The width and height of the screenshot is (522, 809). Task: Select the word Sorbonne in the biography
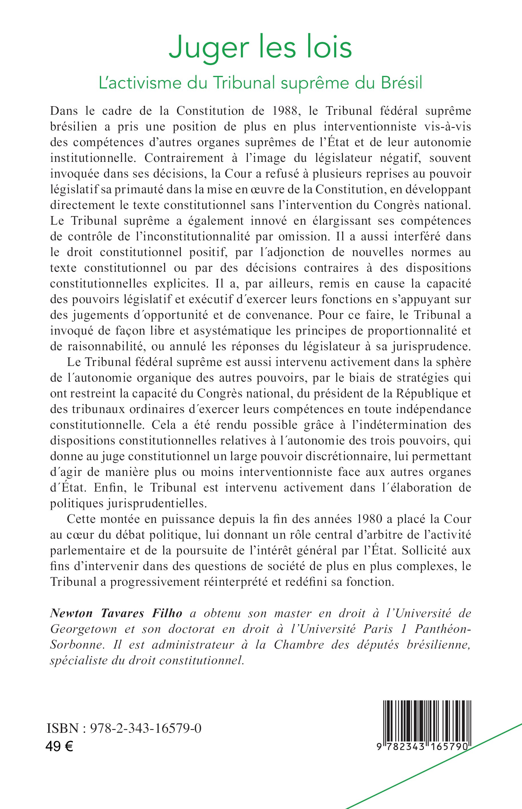[x=76, y=645]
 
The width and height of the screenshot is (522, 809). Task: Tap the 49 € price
[x=59, y=746]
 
